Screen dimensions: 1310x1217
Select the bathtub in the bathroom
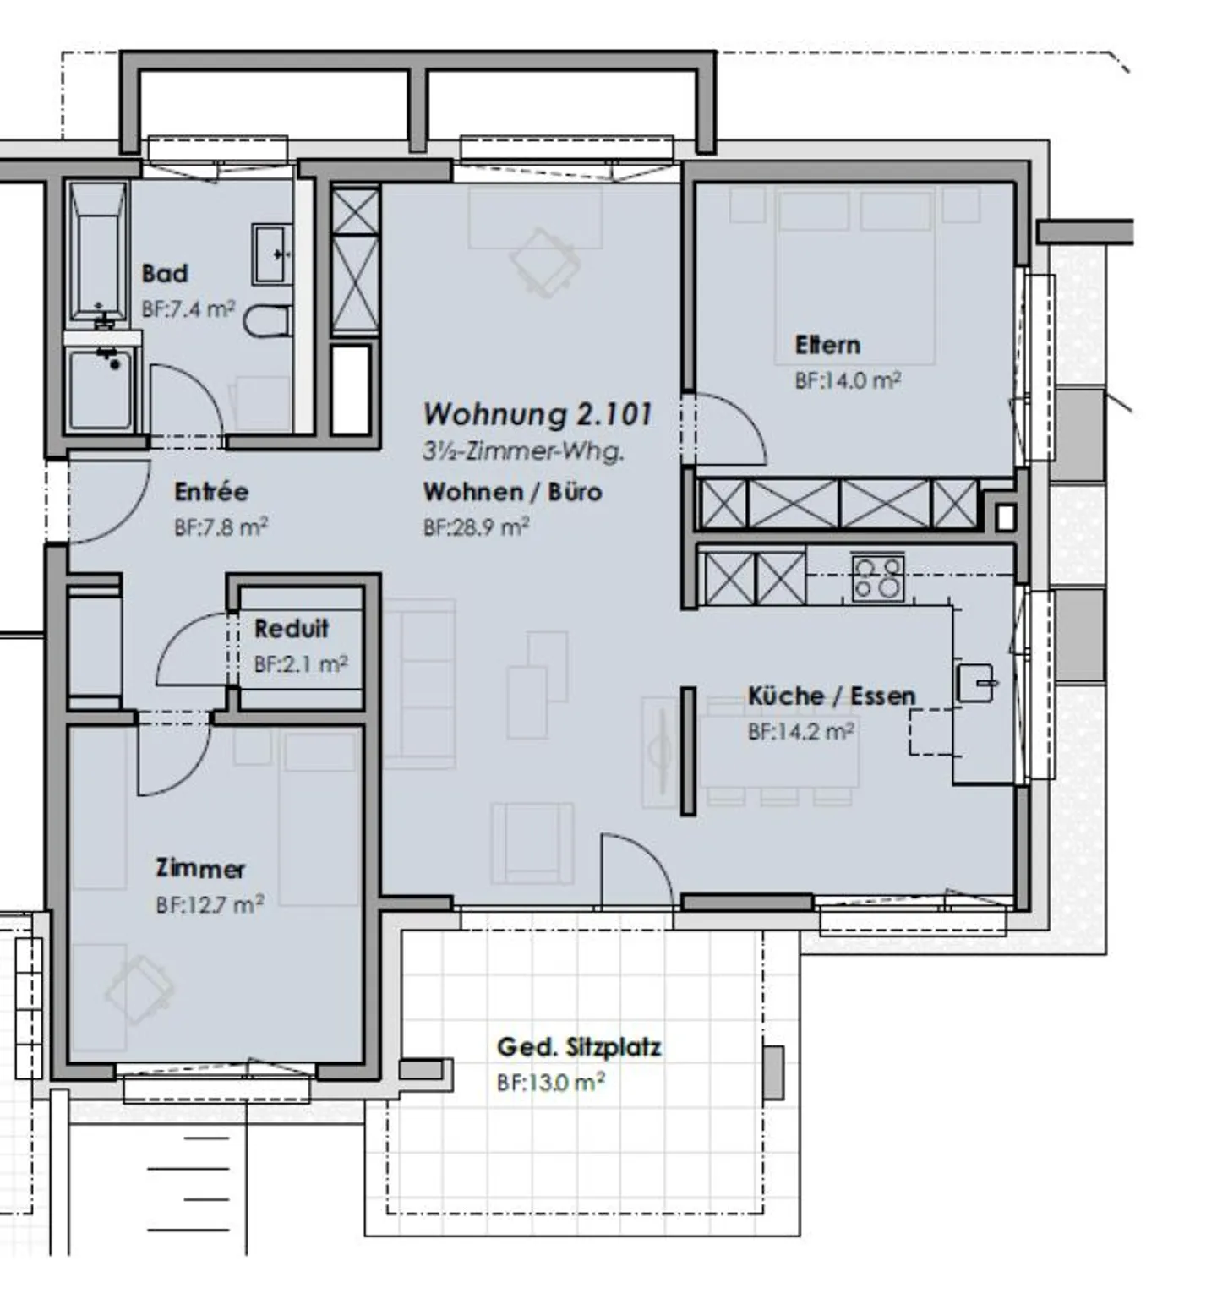98,254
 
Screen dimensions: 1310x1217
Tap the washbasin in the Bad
271,254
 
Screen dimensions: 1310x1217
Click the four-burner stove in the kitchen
877,578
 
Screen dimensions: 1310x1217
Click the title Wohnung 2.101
538,414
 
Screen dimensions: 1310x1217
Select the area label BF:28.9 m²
476,527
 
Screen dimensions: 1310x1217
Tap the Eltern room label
827,345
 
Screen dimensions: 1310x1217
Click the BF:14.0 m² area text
847,380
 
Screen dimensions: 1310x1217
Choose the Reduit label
292,629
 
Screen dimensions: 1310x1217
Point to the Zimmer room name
200,868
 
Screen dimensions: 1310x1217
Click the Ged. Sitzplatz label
579,1047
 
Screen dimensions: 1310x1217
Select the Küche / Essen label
832,696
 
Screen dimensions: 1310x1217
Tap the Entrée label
211,491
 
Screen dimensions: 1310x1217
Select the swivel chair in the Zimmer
139,989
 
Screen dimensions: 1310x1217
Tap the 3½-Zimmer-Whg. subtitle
523,451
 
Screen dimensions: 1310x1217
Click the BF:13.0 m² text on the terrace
550,1083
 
